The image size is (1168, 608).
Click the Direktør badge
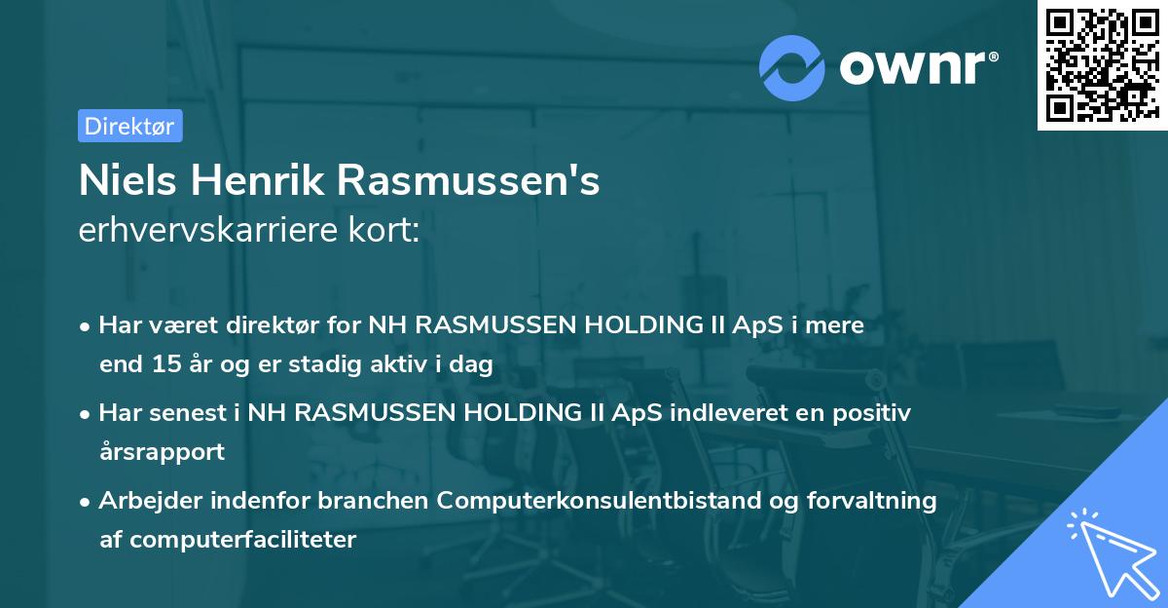tap(129, 126)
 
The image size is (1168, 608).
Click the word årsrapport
tap(162, 452)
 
